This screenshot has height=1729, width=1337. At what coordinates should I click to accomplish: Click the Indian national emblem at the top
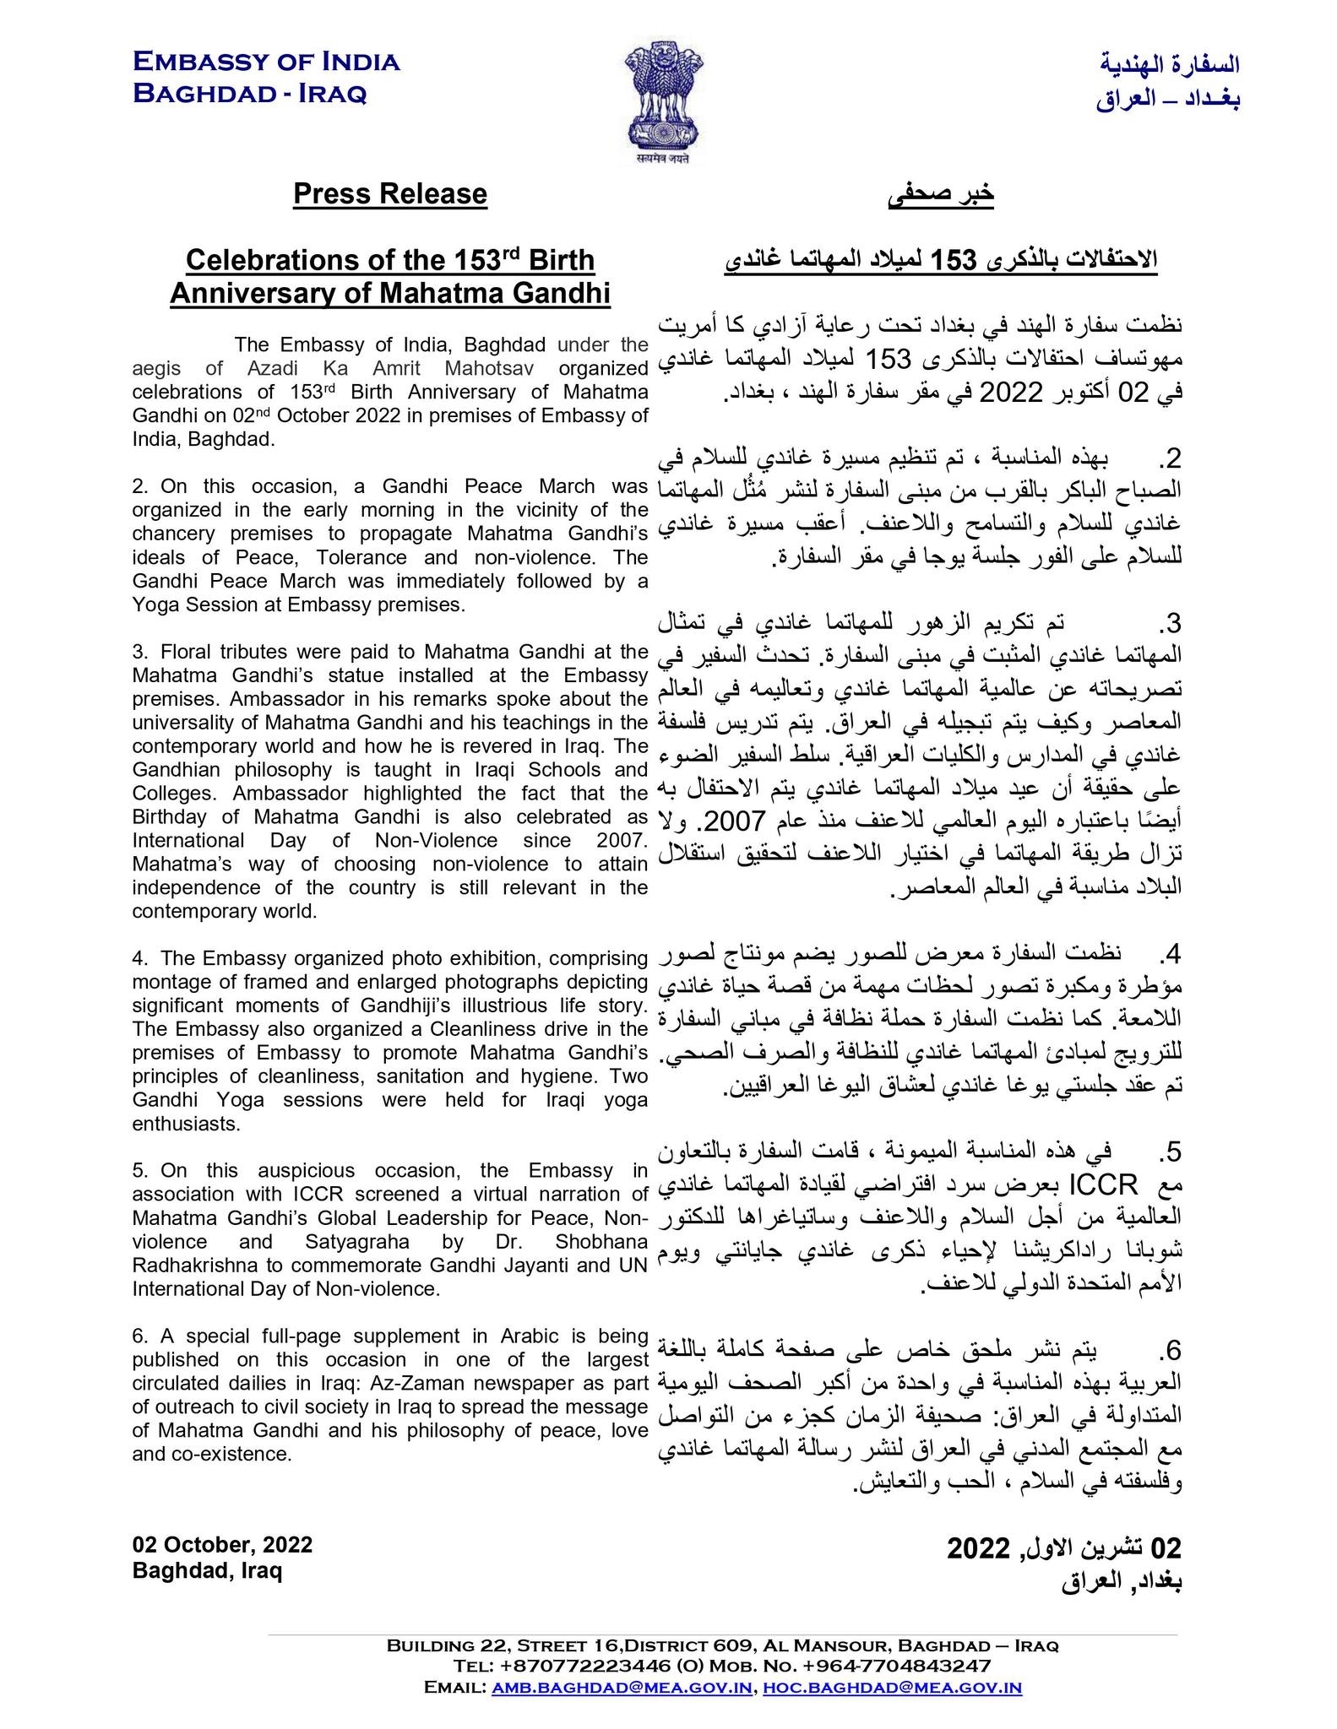pos(663,105)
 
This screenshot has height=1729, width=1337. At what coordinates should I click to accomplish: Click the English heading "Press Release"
pos(390,194)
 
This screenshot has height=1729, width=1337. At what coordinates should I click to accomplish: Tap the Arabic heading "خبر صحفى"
pos(941,194)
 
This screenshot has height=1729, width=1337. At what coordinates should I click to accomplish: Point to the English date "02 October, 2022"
pos(222,1545)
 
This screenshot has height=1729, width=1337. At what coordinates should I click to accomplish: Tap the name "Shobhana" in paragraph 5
pos(601,1241)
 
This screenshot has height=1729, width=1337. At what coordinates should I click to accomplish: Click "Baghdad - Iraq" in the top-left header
pos(250,93)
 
